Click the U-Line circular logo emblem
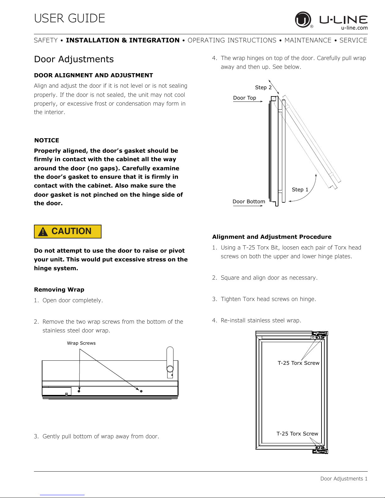[x=303, y=19]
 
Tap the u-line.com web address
[x=354, y=28]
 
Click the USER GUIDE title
[x=70, y=18]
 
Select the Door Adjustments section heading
[x=74, y=59]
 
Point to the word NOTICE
[x=47, y=140]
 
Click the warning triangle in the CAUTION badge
[x=43, y=232]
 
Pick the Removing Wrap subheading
[x=59, y=289]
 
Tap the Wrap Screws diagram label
[x=81, y=343]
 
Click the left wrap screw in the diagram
[x=79, y=391]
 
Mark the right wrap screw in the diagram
[x=141, y=391]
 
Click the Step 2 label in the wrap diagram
[x=263, y=88]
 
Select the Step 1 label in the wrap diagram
[x=300, y=189]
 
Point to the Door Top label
[x=245, y=98]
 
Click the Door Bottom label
[x=249, y=201]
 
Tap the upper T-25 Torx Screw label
[x=298, y=363]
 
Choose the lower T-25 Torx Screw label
[x=297, y=434]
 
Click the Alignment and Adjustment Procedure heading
[x=272, y=237]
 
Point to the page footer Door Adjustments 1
[x=344, y=479]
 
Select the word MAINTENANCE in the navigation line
[x=308, y=40]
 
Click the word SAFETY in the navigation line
[x=46, y=40]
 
